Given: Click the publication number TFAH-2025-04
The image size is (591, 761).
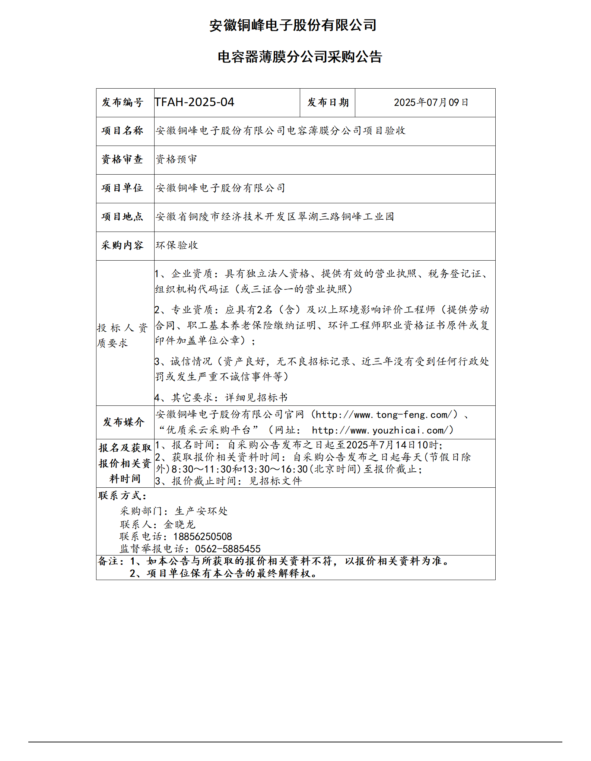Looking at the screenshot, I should point(194,102).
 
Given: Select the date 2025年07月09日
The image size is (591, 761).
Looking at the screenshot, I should point(431,102).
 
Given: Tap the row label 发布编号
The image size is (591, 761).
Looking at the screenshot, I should point(123,102).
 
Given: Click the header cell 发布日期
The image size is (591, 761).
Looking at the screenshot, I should point(328,102).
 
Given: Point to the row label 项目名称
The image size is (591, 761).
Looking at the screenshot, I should point(123,131).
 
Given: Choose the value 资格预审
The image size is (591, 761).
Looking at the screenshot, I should point(176,159).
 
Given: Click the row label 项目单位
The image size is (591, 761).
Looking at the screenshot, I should point(123,188).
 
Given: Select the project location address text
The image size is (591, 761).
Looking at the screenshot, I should point(275,217).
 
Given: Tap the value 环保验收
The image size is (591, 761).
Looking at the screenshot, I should point(177,245).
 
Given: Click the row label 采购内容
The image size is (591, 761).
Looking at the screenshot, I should point(123,245).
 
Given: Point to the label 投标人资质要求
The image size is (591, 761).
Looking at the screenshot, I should point(123,335).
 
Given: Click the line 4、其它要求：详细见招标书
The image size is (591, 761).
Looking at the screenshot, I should point(221,398).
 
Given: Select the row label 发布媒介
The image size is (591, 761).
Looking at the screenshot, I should point(123,422).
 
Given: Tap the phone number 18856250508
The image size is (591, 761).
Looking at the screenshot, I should point(202,536).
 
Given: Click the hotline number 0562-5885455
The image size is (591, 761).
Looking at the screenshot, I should point(228,549).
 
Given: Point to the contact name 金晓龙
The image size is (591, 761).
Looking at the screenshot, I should point(179,525).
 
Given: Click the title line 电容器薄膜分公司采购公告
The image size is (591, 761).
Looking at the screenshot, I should point(300,57).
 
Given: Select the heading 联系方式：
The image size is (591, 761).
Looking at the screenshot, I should point(123,496).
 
